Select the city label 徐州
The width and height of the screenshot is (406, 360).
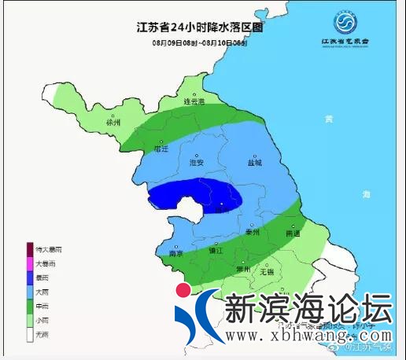(114, 123)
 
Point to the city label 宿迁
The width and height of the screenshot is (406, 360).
(162, 147)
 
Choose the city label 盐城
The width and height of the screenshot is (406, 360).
(253, 163)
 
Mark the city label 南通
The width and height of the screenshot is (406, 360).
(293, 233)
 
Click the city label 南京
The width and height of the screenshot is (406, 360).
(178, 254)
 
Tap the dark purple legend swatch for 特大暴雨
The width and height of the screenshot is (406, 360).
(31, 248)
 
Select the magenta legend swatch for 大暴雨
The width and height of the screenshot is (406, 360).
(31, 263)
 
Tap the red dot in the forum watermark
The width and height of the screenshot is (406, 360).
(183, 290)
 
